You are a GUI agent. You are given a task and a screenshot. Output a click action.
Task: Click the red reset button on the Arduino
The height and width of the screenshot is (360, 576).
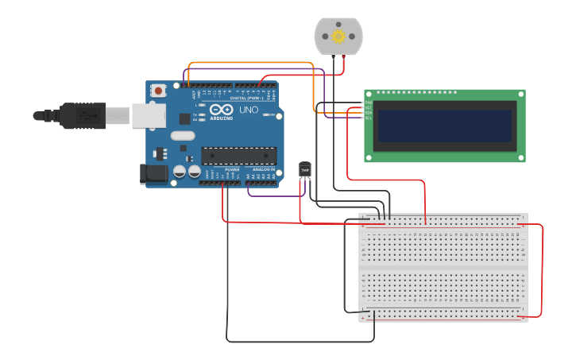click(x=159, y=91)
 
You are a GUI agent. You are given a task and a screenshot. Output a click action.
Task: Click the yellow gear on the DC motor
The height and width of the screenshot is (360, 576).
click(x=338, y=37)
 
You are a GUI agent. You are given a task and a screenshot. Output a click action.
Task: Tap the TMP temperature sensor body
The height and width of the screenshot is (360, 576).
click(x=304, y=169)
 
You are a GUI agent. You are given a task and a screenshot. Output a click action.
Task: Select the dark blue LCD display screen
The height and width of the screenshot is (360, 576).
click(x=444, y=126)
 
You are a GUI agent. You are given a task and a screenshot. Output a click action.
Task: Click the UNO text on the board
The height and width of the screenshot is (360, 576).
click(x=249, y=109)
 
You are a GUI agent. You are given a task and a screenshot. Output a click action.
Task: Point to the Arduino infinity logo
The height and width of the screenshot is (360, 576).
click(x=222, y=109)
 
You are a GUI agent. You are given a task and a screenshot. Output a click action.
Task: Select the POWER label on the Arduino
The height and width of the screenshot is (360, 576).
click(x=232, y=169)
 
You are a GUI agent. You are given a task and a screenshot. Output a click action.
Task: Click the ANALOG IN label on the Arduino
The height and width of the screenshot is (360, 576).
click(x=264, y=169)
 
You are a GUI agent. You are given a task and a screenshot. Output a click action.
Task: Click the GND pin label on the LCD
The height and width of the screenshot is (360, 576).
click(x=368, y=103)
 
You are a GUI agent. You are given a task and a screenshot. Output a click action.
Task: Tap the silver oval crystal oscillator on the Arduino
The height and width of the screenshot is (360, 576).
click(x=182, y=135)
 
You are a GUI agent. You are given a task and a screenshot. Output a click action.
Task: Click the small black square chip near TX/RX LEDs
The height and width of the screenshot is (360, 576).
click(x=185, y=118)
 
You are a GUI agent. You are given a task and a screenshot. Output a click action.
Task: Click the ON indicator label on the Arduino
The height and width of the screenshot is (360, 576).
click(x=271, y=114)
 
